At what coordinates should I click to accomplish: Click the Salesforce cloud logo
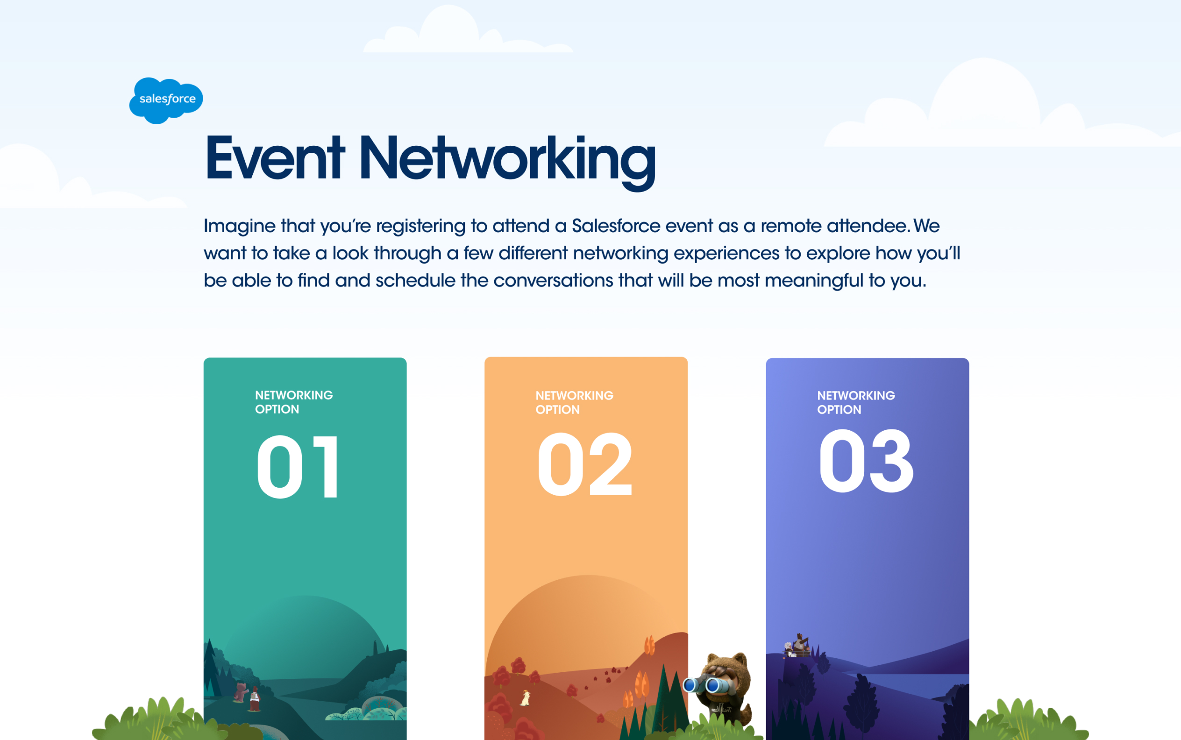pyautogui.click(x=166, y=100)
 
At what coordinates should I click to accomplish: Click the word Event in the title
pyautogui.click(x=275, y=158)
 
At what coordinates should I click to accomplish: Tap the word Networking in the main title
pyautogui.click(x=507, y=162)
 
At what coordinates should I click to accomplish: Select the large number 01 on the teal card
pyautogui.click(x=298, y=466)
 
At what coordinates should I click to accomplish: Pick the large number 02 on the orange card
pyautogui.click(x=585, y=464)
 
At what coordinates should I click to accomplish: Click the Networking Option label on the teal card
pyautogui.click(x=294, y=402)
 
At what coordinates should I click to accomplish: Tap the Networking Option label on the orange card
pyautogui.click(x=574, y=402)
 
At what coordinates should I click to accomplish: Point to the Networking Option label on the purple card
pyautogui.click(x=855, y=402)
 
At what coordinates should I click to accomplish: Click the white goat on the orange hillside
pyautogui.click(x=525, y=698)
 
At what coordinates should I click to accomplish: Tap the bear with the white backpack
pyautogui.click(x=254, y=699)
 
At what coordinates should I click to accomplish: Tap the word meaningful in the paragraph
pyautogui.click(x=813, y=280)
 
